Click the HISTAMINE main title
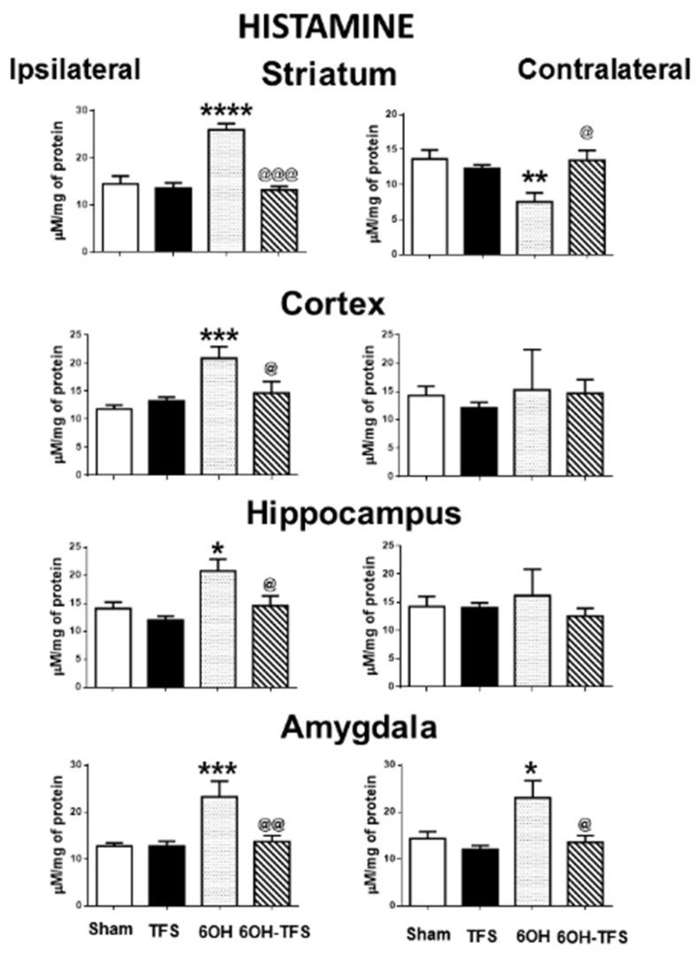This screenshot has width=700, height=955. pos(325,27)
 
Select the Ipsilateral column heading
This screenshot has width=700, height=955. pos(75,71)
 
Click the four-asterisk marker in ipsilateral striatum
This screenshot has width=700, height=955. pos(226,113)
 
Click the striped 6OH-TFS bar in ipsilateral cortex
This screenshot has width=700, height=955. pos(271,433)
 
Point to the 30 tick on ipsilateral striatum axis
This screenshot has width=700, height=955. pos(81,111)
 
